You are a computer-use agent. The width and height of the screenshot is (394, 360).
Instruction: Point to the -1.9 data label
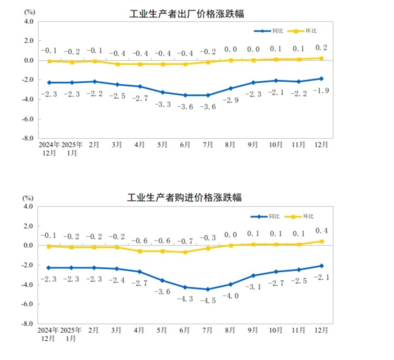coord(321,90)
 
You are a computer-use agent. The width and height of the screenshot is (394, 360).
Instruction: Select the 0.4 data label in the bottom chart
coord(321,230)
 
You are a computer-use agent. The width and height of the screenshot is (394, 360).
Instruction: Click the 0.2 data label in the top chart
coord(321,47)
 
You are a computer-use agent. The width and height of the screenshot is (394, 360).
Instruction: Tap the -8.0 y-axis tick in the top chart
coord(28,139)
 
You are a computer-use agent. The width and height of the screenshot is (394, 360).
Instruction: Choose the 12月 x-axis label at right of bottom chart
coord(321,330)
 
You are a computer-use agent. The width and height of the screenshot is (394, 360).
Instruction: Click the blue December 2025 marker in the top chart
coord(322,79)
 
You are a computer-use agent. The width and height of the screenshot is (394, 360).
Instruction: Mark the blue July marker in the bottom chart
coord(208,289)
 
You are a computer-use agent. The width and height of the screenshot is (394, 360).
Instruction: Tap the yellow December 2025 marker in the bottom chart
coord(322,242)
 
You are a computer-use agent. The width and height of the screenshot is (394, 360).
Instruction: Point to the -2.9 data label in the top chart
coord(230,100)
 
